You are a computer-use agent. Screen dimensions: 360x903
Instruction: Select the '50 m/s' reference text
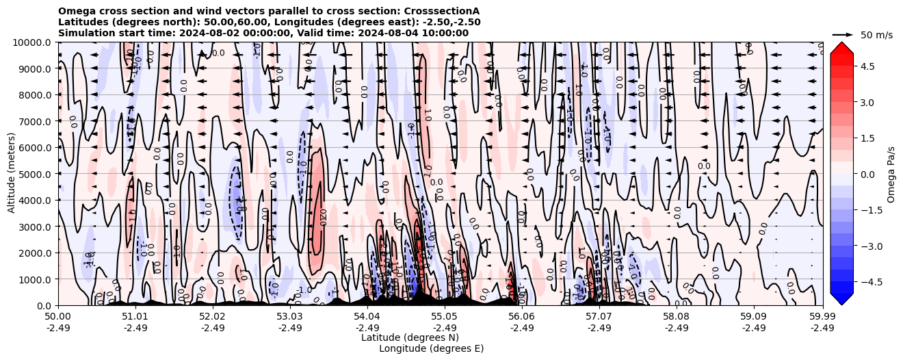[x=876, y=35]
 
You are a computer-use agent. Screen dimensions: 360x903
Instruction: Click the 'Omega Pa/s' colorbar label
[x=891, y=174]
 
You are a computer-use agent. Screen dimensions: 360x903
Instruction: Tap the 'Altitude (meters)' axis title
[x=12, y=174]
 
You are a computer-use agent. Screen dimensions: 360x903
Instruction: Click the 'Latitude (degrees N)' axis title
[x=410, y=337]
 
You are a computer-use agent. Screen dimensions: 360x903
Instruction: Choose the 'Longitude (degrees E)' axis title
[x=431, y=348]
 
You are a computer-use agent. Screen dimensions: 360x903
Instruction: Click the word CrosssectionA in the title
[x=443, y=11]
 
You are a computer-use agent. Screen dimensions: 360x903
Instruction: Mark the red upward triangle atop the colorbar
[x=842, y=47]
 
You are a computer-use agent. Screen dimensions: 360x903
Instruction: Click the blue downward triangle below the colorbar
[x=842, y=299]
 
